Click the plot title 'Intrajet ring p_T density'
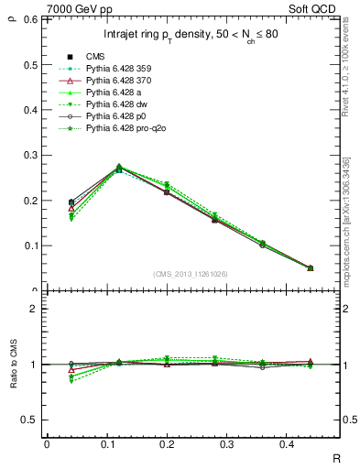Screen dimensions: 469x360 pyautogui.click(x=191, y=35)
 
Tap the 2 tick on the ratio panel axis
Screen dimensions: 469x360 pyautogui.click(x=33, y=309)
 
